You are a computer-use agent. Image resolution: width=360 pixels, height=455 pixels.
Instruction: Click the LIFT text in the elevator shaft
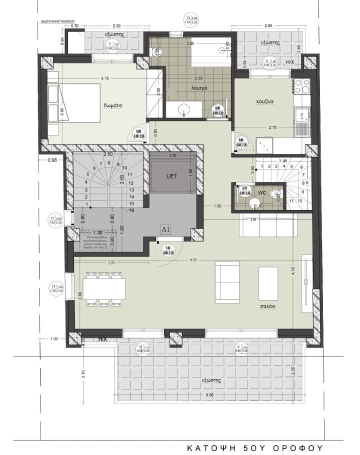point(171,176)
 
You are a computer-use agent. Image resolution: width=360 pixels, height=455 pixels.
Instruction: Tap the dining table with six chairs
point(104,288)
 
